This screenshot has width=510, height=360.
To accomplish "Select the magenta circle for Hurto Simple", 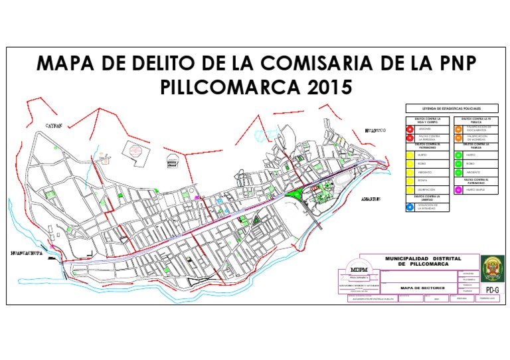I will [x=458, y=189].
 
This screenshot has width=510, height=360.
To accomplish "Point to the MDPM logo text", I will [x=359, y=269].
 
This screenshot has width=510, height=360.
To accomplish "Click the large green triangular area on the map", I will [x=293, y=194].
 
